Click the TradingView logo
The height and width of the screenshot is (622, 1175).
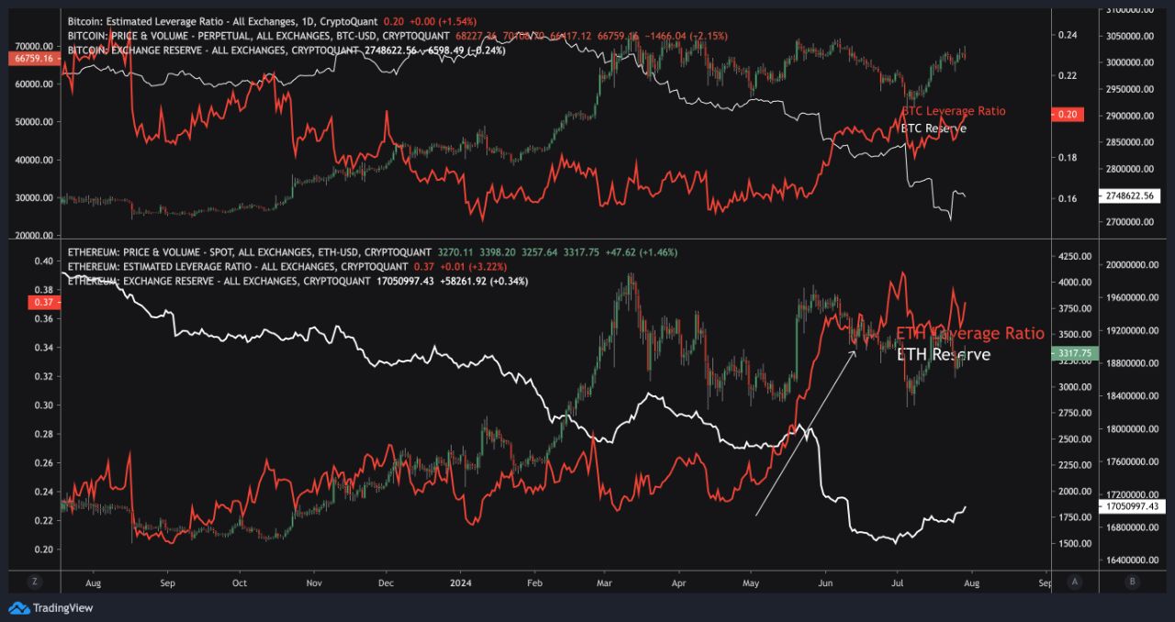[51, 607]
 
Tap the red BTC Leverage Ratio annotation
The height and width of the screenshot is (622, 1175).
[953, 111]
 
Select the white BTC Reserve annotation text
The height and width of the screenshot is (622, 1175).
[933, 128]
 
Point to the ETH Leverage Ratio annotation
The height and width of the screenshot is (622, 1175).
[969, 333]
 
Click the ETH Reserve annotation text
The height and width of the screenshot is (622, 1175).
[943, 354]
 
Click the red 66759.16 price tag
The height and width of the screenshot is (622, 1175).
[32, 58]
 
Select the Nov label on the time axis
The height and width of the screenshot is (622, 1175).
[314, 582]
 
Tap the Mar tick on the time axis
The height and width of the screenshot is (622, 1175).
[604, 582]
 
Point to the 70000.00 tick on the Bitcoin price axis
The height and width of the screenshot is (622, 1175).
[35, 46]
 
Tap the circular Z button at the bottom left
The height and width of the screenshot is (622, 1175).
[34, 582]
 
